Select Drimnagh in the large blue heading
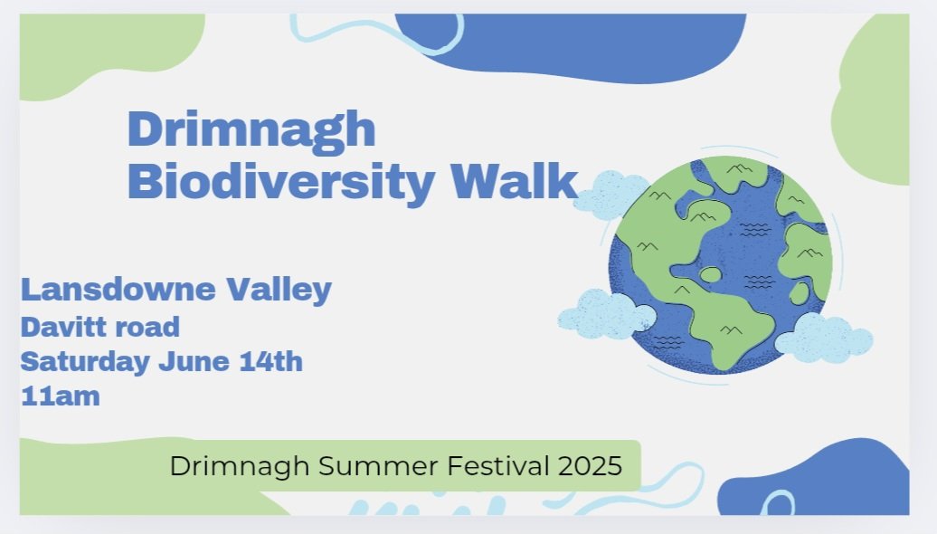pyautogui.click(x=251, y=129)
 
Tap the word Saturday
pyautogui.click(x=85, y=362)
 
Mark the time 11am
pyautogui.click(x=60, y=396)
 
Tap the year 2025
pyautogui.click(x=590, y=466)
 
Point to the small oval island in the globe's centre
pyautogui.click(x=712, y=274)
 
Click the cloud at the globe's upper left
pyautogui.click(x=610, y=192)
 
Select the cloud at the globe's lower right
pyautogui.click(x=824, y=338)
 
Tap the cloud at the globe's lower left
pyautogui.click(x=605, y=313)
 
